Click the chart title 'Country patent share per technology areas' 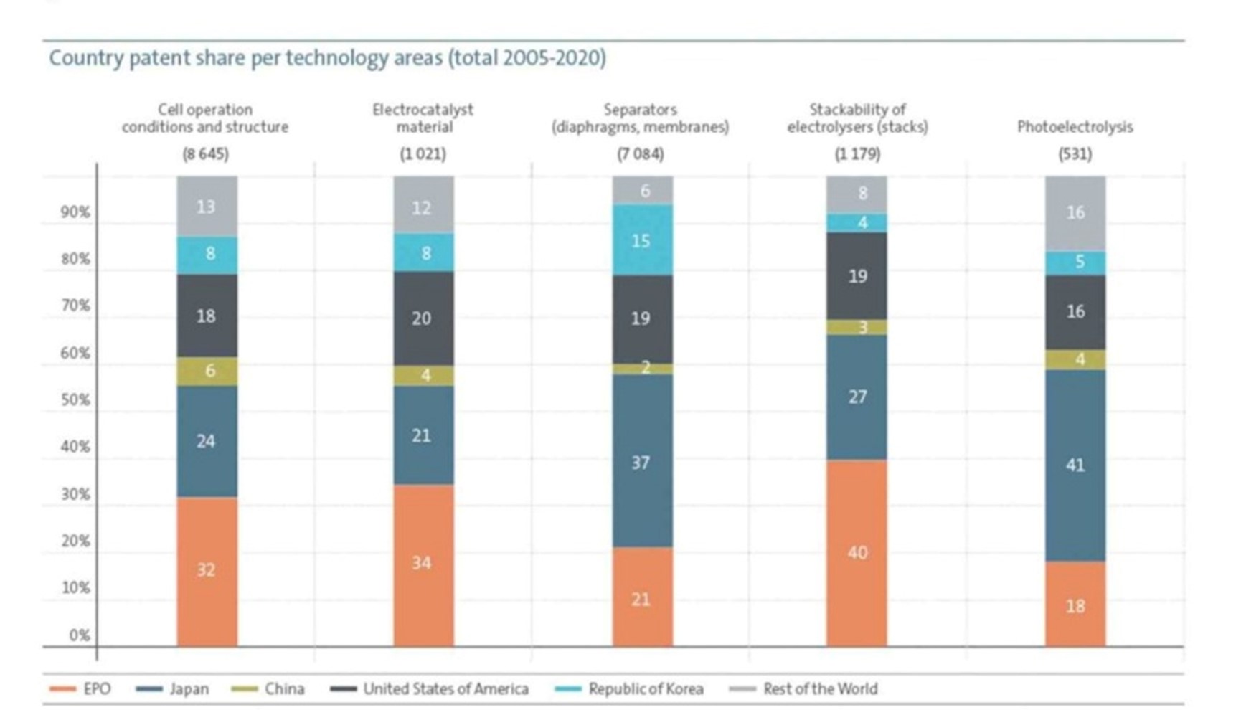(327, 57)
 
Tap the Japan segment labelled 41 (1075, 465)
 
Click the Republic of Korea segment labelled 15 (642, 240)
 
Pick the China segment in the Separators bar (642, 369)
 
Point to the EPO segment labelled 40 (857, 552)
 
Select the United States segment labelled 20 (423, 318)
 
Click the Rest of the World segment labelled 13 (207, 207)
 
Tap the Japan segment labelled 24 (207, 441)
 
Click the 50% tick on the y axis (75, 400)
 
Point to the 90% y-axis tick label (75, 212)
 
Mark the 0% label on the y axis (79, 635)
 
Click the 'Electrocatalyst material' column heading (423, 118)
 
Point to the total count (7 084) (641, 154)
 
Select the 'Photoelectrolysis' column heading (1075, 127)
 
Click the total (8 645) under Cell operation (205, 154)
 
